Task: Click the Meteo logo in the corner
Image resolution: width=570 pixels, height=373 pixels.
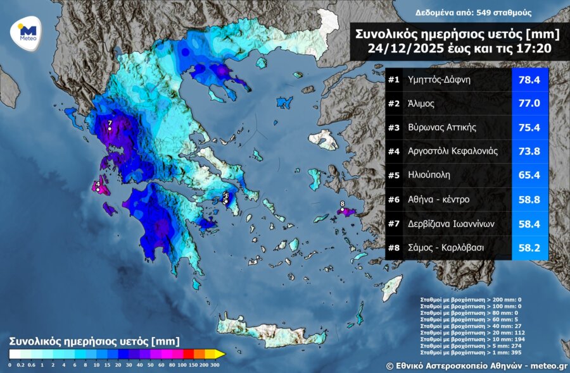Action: click(27, 32)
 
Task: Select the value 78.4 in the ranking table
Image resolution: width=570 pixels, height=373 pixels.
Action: click(530, 80)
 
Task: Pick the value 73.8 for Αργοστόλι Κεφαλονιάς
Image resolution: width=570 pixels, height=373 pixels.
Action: click(530, 152)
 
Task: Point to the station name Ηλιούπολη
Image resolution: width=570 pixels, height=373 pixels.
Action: click(428, 176)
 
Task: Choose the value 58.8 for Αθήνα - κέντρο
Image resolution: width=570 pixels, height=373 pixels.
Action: click(530, 200)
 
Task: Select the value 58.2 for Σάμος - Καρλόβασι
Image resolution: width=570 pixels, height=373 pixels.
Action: click(530, 248)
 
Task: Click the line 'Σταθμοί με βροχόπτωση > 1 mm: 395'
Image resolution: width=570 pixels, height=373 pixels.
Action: click(460, 352)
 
